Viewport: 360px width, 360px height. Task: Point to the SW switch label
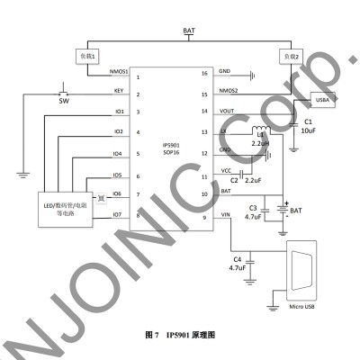(63, 102)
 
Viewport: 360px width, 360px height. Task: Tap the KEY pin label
(119, 91)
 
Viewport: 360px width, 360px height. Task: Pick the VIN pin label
(225, 214)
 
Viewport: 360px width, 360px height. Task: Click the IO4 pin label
(118, 154)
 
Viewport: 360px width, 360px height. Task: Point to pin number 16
(204, 73)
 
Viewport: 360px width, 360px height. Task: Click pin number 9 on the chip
(204, 217)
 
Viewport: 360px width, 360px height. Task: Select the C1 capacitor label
(308, 120)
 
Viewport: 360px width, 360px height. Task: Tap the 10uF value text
(309, 130)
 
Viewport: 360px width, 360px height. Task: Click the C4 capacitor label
(238, 260)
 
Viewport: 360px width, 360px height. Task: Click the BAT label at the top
(189, 31)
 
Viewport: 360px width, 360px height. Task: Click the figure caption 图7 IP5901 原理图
(180, 335)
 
